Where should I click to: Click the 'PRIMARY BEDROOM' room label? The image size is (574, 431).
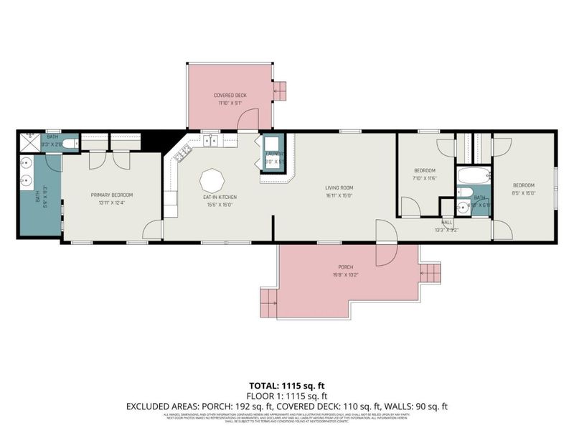111,195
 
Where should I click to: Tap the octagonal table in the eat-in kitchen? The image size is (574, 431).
212,178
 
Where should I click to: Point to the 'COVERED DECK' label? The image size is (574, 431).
229,96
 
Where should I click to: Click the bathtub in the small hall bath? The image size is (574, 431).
474,175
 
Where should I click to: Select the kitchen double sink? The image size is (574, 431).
211,141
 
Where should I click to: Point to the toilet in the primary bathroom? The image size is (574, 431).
69,144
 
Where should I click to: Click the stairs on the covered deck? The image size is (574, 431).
280,91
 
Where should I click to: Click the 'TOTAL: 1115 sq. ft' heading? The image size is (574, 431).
286,386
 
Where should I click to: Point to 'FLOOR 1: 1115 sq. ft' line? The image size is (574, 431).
286,396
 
